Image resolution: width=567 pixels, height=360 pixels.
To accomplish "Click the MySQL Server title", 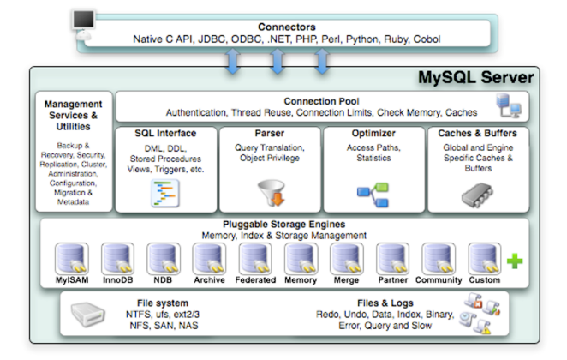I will click(475, 78).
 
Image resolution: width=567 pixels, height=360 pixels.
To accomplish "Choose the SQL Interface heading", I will click(165, 134).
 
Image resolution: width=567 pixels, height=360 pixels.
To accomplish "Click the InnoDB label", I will click(116, 279).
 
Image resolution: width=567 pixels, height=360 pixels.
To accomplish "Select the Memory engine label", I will click(300, 279).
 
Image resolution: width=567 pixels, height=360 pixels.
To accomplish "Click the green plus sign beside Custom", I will click(514, 261).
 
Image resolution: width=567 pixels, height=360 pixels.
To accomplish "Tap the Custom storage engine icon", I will click(483, 258).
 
